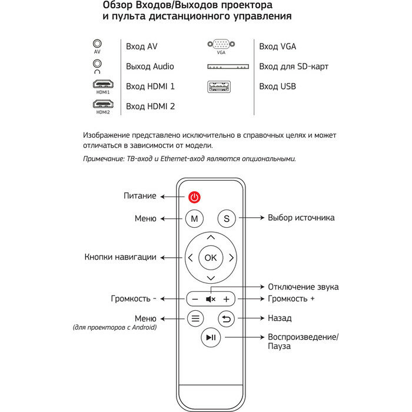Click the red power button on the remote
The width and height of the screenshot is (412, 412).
(194, 197)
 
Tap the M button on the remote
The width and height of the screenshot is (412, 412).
(194, 218)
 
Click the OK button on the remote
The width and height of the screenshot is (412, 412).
(211, 257)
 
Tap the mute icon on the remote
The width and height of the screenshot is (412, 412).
(211, 299)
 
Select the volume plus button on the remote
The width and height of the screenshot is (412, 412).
(226, 299)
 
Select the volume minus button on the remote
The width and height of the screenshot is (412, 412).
(195, 299)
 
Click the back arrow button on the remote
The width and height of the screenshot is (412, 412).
(227, 318)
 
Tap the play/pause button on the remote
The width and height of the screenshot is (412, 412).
(211, 337)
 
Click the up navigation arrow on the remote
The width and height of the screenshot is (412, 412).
(211, 237)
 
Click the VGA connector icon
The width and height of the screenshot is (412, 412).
(221, 44)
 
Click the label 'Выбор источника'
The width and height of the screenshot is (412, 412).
(301, 218)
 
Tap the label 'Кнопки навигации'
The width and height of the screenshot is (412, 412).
(120, 257)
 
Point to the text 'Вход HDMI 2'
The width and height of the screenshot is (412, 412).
(150, 107)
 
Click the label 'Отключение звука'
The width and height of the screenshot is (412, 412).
(303, 287)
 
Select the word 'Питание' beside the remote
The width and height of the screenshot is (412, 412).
(140, 196)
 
